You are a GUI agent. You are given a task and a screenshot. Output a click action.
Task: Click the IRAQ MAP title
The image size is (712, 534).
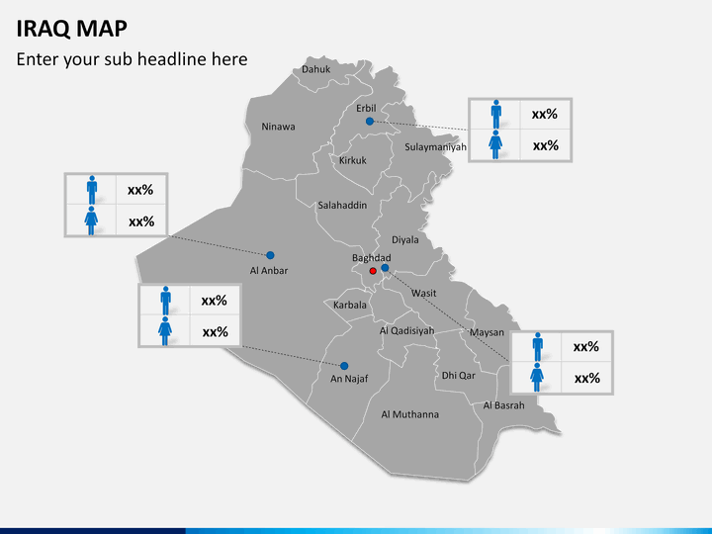click(71, 27)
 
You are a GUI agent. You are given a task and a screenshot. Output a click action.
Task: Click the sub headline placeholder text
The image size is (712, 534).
click(132, 59)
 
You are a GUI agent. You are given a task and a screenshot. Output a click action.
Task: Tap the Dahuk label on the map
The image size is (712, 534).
click(316, 69)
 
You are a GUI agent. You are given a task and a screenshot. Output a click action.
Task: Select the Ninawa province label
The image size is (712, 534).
click(278, 127)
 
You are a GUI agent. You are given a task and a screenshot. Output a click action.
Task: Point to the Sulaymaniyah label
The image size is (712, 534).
click(435, 147)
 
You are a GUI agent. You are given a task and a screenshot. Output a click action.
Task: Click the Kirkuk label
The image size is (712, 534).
click(353, 160)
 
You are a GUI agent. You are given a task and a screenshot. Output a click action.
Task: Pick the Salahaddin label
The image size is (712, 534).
click(342, 206)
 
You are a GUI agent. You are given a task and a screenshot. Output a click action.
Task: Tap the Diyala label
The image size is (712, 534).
click(405, 239)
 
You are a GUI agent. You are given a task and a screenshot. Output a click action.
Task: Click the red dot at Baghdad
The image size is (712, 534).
click(373, 271)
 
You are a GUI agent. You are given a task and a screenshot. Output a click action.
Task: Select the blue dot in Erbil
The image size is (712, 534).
click(370, 122)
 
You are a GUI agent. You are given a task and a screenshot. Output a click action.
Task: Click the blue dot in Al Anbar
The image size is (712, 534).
click(270, 255)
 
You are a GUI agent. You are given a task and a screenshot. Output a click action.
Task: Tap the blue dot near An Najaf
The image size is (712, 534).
click(345, 366)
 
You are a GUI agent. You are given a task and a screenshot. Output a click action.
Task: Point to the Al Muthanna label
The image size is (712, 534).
click(410, 414)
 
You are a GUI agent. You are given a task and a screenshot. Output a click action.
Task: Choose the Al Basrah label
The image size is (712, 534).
click(504, 405)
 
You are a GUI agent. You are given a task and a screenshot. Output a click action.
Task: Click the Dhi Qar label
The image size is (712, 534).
click(459, 376)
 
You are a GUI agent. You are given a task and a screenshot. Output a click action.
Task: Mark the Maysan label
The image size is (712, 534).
click(488, 332)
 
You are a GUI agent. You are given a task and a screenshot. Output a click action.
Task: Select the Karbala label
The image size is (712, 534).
click(350, 305)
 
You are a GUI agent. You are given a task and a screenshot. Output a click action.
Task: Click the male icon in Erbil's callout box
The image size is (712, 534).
click(495, 114)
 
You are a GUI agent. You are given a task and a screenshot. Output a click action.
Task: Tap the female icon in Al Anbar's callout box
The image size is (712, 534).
click(91, 221)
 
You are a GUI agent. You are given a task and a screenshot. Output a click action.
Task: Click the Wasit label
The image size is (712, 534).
click(424, 294)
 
